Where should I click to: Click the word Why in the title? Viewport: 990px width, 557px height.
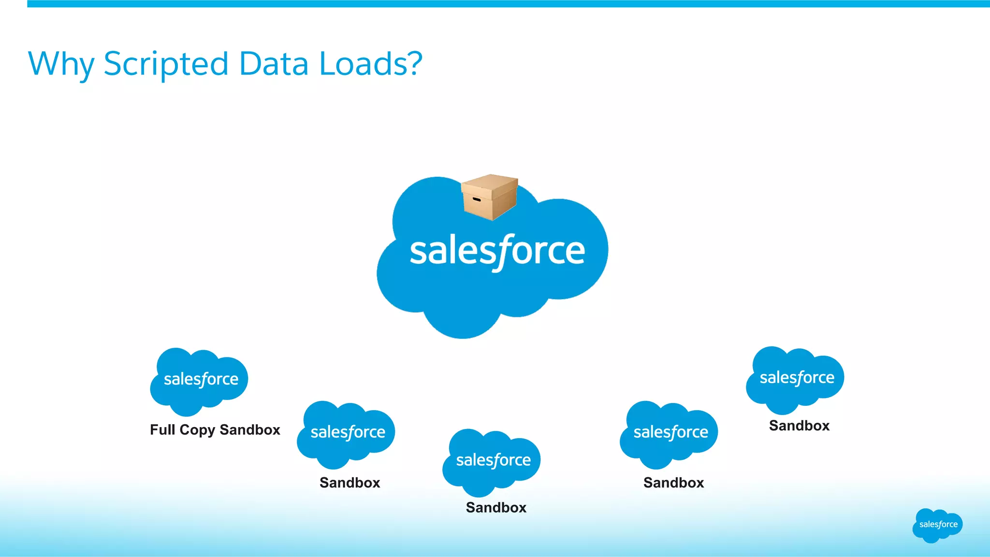[x=61, y=64]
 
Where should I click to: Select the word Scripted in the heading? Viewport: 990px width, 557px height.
[x=166, y=64]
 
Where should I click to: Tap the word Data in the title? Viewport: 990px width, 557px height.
[x=274, y=63]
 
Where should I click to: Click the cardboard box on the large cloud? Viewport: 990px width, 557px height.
[x=490, y=197]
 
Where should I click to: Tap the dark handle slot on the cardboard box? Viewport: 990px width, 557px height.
[x=476, y=199]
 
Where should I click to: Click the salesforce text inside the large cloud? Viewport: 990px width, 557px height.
[x=497, y=251]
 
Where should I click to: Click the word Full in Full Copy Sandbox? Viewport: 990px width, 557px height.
[x=162, y=429]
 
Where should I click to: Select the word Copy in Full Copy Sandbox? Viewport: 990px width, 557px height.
[x=197, y=430]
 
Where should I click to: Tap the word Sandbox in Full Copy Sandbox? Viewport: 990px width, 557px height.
[x=250, y=429]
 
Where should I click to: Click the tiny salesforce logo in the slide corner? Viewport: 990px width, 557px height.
[x=937, y=525]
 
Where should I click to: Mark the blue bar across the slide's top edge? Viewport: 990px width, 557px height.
[x=508, y=4]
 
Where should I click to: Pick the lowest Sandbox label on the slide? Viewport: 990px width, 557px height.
[x=496, y=507]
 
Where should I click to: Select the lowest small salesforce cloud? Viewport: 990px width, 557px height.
[x=492, y=462]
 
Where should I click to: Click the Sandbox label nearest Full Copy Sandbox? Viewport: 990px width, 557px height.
[x=349, y=483]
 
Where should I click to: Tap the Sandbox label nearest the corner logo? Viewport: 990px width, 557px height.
[x=799, y=426]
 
